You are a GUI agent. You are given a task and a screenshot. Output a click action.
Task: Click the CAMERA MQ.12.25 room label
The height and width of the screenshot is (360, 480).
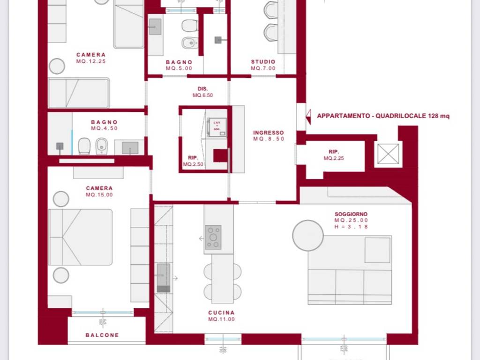91,58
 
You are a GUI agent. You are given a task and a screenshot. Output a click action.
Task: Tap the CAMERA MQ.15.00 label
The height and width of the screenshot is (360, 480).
99,191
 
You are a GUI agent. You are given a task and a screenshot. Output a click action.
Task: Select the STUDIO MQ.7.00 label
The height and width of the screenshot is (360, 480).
263,65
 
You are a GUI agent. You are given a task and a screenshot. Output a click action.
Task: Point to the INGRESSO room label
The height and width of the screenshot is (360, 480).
269,133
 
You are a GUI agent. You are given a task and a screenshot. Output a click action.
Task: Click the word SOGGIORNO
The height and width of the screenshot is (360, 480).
351,214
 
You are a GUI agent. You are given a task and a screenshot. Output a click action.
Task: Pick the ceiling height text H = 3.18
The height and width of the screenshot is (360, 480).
351,227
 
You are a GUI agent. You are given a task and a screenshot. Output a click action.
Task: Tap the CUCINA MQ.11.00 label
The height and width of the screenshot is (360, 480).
221,316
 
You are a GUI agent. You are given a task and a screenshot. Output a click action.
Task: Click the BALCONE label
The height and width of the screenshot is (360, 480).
102,335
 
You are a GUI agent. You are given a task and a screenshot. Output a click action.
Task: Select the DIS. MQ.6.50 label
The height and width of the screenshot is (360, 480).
202,91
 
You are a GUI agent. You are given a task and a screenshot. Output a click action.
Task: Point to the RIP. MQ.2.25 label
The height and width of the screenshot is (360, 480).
334,155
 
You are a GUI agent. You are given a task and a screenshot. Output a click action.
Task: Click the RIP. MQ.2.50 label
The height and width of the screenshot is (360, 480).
193,161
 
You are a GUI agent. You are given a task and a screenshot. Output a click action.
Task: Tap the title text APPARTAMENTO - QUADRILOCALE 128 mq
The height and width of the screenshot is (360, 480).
383,116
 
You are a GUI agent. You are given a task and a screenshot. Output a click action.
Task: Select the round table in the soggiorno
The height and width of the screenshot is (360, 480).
308,235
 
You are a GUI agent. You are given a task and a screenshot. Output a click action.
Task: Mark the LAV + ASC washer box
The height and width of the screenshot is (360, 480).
217,127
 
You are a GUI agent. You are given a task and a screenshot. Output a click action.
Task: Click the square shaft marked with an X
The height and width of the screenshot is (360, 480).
388,154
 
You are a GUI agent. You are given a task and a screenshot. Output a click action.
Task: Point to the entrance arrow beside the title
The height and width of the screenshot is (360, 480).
308,116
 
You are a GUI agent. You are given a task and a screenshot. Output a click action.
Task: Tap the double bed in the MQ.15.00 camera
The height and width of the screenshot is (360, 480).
80,237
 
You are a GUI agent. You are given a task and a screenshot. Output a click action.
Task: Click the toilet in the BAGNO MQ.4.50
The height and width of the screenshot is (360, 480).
84,146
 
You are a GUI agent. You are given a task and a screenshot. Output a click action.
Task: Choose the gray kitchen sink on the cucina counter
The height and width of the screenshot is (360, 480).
164,277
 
